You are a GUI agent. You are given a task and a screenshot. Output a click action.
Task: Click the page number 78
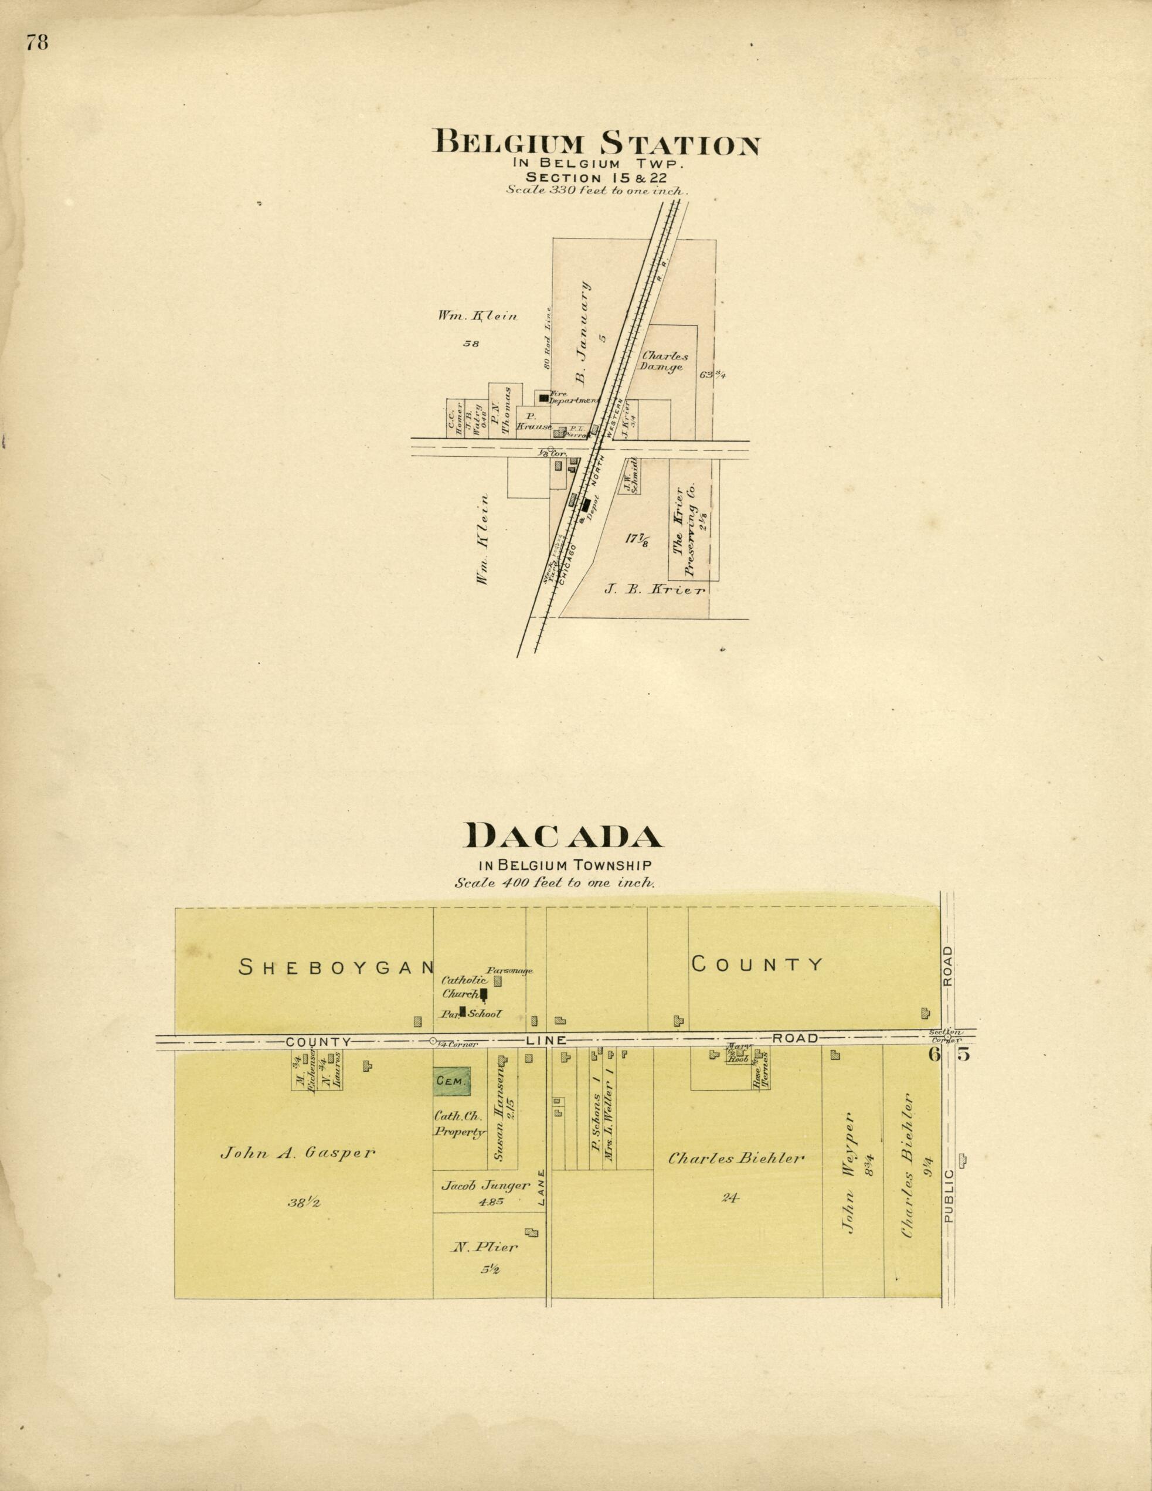coord(37,43)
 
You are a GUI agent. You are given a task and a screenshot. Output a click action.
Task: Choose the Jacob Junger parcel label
coord(485,1186)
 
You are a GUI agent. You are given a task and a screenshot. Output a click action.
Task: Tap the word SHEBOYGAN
coord(337,966)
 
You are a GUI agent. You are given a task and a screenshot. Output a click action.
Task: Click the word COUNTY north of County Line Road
coord(757,964)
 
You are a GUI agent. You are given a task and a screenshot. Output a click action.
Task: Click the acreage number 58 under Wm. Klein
coord(471,344)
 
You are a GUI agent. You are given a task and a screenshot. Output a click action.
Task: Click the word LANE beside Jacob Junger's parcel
coord(541,1188)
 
